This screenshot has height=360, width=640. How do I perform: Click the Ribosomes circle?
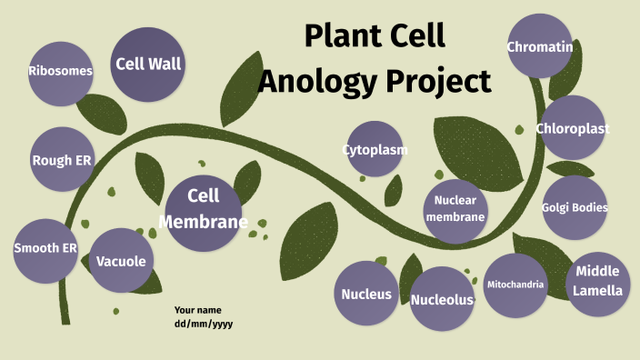click(x=60, y=71)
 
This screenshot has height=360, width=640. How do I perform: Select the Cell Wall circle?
click(x=148, y=64)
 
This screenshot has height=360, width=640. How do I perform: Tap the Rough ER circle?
click(x=62, y=160)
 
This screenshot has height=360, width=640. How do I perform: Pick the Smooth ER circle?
click(x=45, y=248)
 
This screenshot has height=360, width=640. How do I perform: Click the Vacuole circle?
click(x=121, y=261)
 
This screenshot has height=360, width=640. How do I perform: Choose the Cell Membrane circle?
click(x=204, y=209)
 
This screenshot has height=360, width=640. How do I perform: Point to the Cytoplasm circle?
click(x=375, y=149)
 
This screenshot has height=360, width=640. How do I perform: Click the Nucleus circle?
click(x=366, y=294)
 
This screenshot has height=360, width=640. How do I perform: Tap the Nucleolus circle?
click(x=442, y=299)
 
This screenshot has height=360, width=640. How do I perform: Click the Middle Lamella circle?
click(x=597, y=281)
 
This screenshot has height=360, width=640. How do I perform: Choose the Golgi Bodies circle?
click(x=575, y=207)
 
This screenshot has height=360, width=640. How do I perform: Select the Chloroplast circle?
click(x=572, y=128)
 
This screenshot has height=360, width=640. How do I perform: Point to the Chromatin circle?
click(x=539, y=46)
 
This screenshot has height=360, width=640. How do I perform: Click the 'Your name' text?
click(x=198, y=310)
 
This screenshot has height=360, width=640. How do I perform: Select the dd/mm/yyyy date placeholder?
click(x=204, y=324)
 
